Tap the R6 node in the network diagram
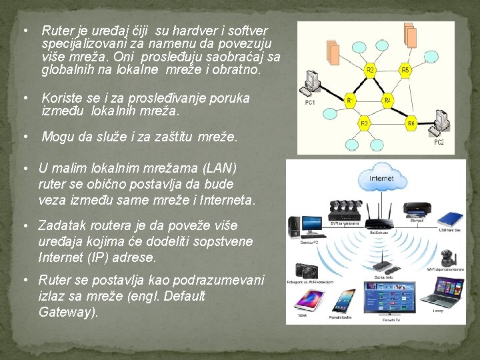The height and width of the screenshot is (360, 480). click(x=411, y=123)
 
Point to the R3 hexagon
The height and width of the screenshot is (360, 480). click(x=365, y=123)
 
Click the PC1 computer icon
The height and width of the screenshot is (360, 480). click(x=310, y=85)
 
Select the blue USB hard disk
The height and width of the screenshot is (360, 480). click(x=448, y=219)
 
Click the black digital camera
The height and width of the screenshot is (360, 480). click(x=307, y=270)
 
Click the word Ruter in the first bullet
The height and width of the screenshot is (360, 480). click(x=55, y=31)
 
